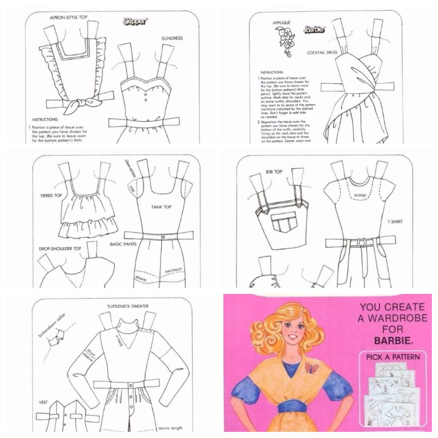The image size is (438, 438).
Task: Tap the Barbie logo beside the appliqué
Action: pos(314,30)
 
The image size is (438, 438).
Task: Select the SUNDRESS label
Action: pos(172,38)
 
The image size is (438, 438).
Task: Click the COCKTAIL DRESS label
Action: pos(322,53)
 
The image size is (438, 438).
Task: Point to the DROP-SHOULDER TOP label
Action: pos(60,248)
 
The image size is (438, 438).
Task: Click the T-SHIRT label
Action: pos(394,222)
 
